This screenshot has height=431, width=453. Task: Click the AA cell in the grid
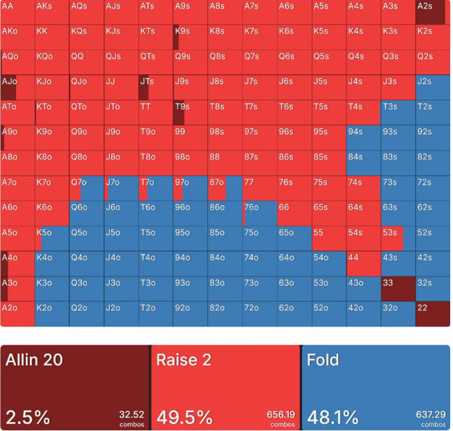click(x=17, y=13)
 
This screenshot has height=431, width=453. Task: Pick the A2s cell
click(x=433, y=13)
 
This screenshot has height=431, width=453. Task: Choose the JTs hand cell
click(x=156, y=88)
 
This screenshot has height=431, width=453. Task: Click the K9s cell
click(x=191, y=38)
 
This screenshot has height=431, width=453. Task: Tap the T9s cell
click(x=191, y=113)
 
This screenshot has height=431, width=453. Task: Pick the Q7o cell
click(x=86, y=188)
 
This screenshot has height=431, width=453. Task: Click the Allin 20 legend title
click(x=34, y=360)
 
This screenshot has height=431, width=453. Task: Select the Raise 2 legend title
click(x=184, y=360)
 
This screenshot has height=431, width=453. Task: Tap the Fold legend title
click(x=323, y=360)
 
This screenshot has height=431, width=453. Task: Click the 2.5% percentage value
click(x=28, y=417)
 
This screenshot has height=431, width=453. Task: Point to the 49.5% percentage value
click(x=184, y=417)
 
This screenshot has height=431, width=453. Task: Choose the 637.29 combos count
click(x=431, y=414)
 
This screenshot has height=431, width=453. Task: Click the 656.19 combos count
click(x=280, y=414)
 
